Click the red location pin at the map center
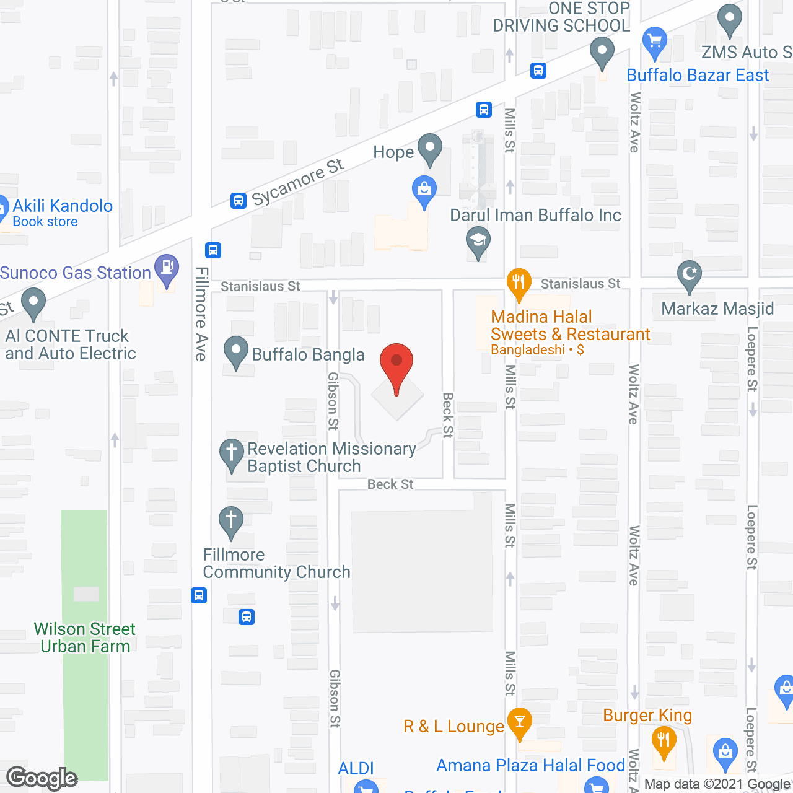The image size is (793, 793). point(396,365)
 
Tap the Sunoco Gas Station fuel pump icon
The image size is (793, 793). point(167,269)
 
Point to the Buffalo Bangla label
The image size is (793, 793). point(308,355)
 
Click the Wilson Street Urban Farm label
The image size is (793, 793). point(85,637)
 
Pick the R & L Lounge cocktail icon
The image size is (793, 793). point(519,722)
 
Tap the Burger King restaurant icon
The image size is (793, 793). point(664,741)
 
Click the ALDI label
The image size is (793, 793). point(356,768)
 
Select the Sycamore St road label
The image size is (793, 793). point(297,182)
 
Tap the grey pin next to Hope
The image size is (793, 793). point(430,149)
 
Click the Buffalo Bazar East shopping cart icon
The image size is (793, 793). point(654,42)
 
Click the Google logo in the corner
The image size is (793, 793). point(42,778)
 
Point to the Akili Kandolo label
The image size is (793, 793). point(63,206)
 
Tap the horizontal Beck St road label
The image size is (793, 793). point(390,484)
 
